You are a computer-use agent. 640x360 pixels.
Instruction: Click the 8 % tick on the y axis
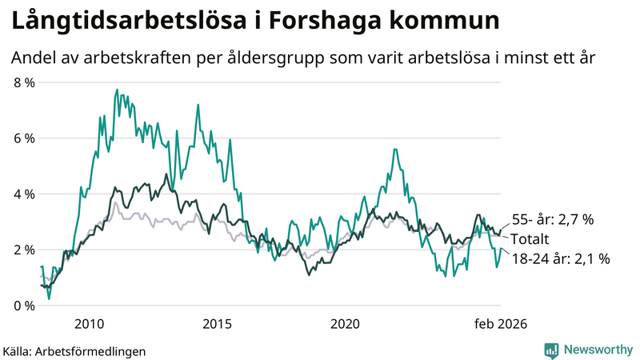click(x=24, y=82)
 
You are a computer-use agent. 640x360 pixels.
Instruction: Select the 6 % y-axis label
click(x=24, y=138)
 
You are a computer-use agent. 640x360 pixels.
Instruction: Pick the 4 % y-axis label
click(x=24, y=194)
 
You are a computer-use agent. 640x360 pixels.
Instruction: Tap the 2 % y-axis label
click(x=24, y=250)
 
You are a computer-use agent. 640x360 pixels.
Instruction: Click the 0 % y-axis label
click(x=24, y=306)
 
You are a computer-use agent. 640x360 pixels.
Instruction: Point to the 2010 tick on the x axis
click(x=89, y=324)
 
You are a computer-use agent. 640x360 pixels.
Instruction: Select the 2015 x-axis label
click(x=217, y=324)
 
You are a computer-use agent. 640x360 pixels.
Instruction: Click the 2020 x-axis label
click(x=345, y=324)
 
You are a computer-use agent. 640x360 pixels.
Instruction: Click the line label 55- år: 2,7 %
click(x=552, y=220)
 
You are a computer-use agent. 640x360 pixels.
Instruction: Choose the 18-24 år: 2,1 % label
click(x=560, y=258)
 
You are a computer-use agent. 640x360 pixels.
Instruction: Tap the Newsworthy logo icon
click(x=551, y=350)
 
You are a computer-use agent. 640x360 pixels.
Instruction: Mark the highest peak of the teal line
click(x=117, y=90)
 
